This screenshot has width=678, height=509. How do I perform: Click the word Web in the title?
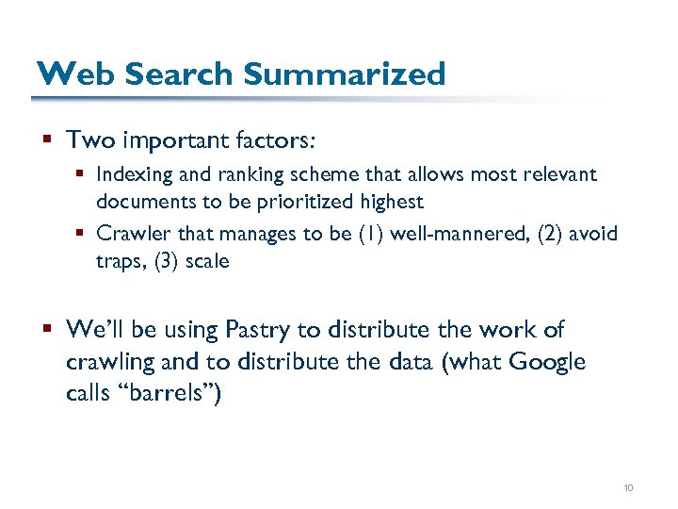point(66,74)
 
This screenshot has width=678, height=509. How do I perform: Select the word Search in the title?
point(164,74)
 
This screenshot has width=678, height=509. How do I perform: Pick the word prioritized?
point(315,201)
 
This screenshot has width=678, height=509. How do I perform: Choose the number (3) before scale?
point(168,260)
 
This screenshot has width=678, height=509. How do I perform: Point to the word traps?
point(120,260)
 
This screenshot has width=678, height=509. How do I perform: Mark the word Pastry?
point(258,330)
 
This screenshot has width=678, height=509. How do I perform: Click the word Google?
point(547,362)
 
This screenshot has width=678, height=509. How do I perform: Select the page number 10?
point(628,487)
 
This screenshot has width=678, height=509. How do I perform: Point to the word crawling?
point(105,362)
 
